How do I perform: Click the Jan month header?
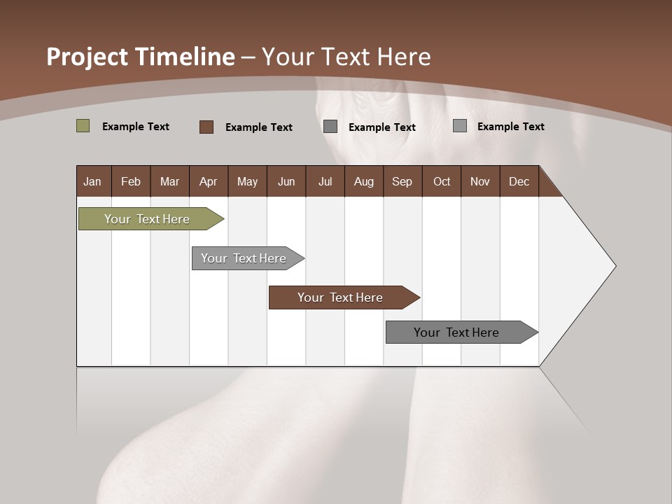coord(92,181)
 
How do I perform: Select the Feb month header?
coord(131,181)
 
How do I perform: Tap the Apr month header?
coord(208,181)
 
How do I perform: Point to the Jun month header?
coord(286,181)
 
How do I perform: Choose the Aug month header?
coord(363,181)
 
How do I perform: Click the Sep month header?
coord(402,181)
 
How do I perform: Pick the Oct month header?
coord(442,181)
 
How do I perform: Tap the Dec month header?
coord(519,181)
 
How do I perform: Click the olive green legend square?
coord(83,126)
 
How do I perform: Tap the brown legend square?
coord(206,127)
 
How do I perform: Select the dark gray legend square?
coord(330,127)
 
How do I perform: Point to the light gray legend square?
coord(459,126)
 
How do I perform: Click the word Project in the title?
coord(86,57)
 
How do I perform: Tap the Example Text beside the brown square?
coord(258,127)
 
